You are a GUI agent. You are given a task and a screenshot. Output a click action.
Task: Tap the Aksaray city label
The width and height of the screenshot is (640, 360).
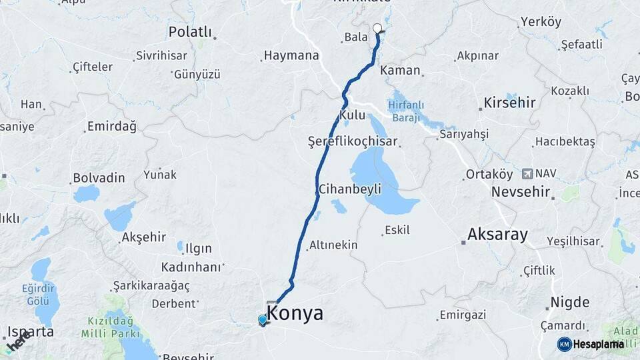(x=497, y=234)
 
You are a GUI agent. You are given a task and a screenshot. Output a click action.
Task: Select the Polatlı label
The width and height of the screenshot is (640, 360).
(x=190, y=32)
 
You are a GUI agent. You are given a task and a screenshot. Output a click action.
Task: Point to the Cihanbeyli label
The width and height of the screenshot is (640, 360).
(x=349, y=189)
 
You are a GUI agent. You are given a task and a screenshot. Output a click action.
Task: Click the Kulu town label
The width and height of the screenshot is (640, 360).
(x=352, y=115)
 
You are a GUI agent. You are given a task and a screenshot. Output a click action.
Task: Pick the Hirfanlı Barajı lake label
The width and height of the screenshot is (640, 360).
(x=405, y=110)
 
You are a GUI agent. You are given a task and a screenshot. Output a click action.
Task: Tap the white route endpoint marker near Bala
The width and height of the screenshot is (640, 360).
(x=377, y=28)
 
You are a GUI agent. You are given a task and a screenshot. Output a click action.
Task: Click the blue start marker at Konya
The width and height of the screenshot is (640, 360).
(x=263, y=320)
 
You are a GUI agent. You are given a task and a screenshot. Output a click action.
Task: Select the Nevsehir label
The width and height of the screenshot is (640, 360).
(x=521, y=192)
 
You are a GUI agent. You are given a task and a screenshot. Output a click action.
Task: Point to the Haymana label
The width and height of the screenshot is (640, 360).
(x=291, y=56)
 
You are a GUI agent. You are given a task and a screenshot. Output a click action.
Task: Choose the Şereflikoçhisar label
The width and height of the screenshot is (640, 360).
(x=352, y=141)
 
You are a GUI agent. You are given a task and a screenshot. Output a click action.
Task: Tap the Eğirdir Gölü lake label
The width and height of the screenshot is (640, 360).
(x=43, y=295)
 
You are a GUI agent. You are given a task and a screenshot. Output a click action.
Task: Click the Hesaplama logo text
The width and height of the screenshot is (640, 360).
(x=597, y=344)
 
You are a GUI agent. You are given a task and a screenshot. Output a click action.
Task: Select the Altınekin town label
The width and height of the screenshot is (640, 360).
(x=333, y=245)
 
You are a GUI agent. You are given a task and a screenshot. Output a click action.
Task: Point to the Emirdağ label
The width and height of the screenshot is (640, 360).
(x=111, y=126)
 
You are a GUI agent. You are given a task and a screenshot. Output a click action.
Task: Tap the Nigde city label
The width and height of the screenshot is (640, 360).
(x=569, y=303)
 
